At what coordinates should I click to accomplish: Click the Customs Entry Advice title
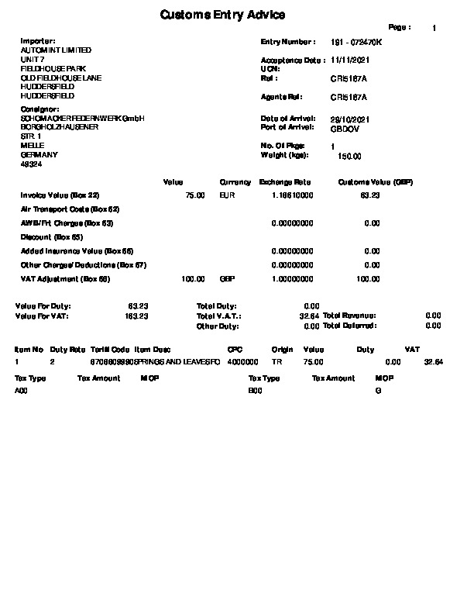pyautogui.click(x=222, y=15)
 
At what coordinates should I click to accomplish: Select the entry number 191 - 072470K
pyautogui.click(x=356, y=41)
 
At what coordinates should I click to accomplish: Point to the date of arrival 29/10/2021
pyautogui.click(x=350, y=119)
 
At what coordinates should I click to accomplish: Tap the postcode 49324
pyautogui.click(x=31, y=164)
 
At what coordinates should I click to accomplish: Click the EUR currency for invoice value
pyautogui.click(x=227, y=196)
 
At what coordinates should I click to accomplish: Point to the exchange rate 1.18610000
pyautogui.click(x=293, y=196)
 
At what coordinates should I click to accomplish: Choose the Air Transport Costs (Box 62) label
pyautogui.click(x=70, y=209)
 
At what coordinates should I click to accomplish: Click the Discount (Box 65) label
pyautogui.click(x=52, y=237)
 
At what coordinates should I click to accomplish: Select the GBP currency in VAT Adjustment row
pyautogui.click(x=227, y=279)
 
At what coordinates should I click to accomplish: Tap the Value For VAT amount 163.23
pyautogui.click(x=137, y=316)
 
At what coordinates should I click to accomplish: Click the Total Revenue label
pyautogui.click(x=349, y=316)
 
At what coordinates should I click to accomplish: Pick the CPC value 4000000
pyautogui.click(x=243, y=362)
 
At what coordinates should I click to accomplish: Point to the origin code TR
pyautogui.click(x=276, y=362)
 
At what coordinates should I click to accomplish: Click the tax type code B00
pyautogui.click(x=255, y=392)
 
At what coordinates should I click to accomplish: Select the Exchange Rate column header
pyautogui.click(x=285, y=182)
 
